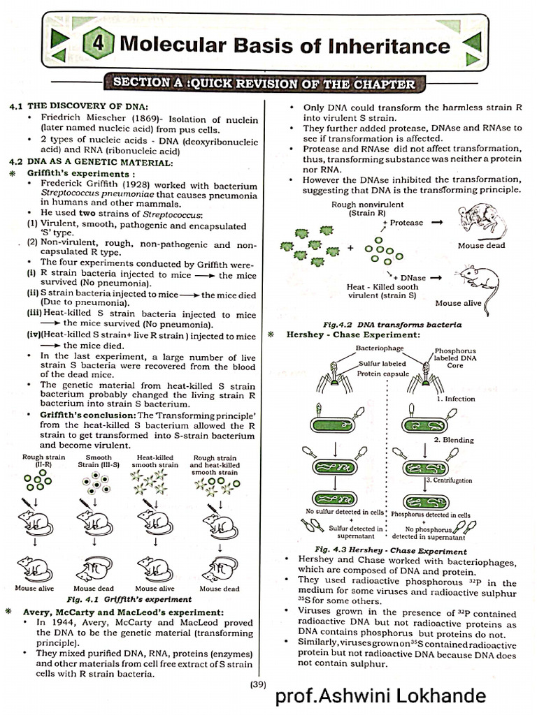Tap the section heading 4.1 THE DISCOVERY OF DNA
pyautogui.click(x=78, y=105)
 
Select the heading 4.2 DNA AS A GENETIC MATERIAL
pyautogui.click(x=90, y=162)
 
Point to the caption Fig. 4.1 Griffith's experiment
pyautogui.click(x=129, y=598)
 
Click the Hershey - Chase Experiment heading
pyautogui.click(x=352, y=335)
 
